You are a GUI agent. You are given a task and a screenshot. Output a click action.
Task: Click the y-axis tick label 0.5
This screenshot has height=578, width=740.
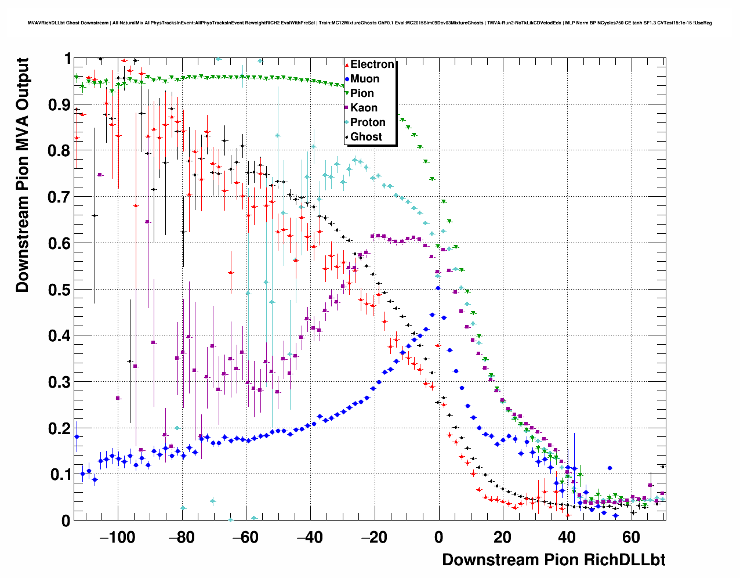pos(60,290)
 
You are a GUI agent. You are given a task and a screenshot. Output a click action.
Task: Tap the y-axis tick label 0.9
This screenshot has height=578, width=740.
pos(60,105)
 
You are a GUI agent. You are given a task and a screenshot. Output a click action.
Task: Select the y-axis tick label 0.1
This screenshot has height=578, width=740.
pos(60,475)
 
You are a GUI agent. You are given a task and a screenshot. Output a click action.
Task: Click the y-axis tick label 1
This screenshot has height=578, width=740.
pos(67,59)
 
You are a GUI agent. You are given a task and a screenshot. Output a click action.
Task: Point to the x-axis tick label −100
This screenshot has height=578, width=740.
pos(114,537)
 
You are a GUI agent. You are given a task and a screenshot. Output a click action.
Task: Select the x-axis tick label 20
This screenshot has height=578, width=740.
pos(503,537)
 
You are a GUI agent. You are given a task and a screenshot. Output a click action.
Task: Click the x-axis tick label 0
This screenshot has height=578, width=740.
pos(438,537)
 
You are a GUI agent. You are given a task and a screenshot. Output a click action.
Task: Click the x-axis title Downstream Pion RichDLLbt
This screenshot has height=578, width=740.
pos(553,560)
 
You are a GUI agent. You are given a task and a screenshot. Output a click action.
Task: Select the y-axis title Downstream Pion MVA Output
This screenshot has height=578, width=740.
pos(22,174)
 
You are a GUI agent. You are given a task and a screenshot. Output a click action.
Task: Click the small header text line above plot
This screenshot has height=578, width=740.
pos(369,23)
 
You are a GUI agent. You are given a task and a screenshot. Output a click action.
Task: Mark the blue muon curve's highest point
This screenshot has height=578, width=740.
pos(438,288)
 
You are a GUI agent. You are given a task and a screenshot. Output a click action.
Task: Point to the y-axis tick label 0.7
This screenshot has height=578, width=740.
pos(60,197)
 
